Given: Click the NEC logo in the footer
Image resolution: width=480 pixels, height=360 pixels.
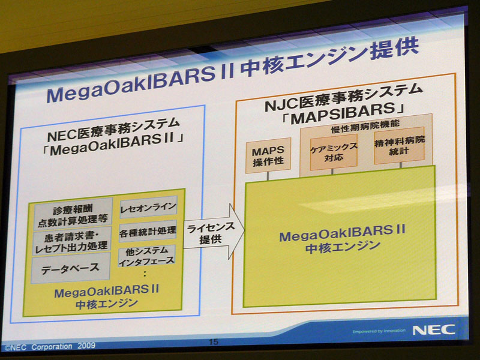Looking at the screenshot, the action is (433, 330).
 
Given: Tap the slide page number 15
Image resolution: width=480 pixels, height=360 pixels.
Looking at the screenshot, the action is (214, 341).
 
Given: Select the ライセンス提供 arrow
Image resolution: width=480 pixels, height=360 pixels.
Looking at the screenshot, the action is (214, 232).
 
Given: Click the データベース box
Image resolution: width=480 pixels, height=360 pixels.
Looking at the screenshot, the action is (70, 268).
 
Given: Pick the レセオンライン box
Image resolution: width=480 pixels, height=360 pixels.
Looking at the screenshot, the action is (148, 207).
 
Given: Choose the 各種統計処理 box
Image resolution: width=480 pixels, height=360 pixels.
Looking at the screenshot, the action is (148, 232).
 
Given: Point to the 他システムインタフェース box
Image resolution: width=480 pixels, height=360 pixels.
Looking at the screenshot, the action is (147, 256).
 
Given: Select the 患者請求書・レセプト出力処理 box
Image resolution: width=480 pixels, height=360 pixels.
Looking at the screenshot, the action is (72, 242).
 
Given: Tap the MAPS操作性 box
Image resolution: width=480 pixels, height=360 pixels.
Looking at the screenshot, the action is (268, 155).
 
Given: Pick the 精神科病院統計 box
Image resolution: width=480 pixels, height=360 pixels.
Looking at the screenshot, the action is (399, 146).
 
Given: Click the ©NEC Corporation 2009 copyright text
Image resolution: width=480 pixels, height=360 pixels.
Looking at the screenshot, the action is (50, 347).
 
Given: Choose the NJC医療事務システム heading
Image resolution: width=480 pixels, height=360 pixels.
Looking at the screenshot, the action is (343, 98).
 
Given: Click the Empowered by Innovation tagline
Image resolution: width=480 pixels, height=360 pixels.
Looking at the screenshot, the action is (379, 331).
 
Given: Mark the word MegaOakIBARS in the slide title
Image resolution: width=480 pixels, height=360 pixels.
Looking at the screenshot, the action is (130, 84).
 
